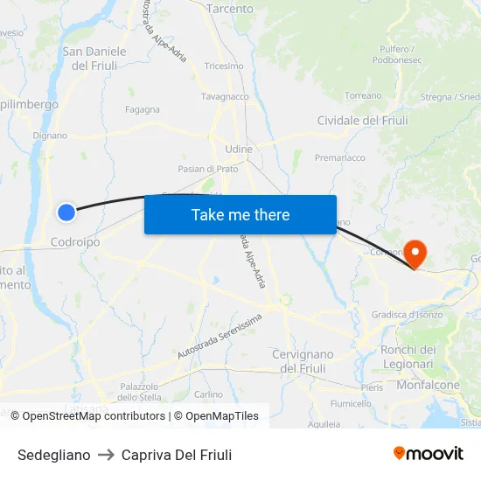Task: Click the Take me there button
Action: (240, 214)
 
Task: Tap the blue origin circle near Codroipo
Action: (66, 212)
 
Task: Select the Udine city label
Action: (238, 150)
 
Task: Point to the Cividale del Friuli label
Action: (362, 121)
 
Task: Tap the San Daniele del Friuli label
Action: (94, 58)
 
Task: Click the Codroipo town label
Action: (75, 241)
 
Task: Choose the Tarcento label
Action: (229, 9)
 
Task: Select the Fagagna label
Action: (143, 109)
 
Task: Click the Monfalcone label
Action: (429, 385)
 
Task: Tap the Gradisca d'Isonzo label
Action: (408, 315)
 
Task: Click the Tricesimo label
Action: (223, 66)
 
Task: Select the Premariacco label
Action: (340, 158)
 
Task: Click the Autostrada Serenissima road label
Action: (219, 336)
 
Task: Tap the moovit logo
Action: (428, 453)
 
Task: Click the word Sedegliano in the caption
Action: (53, 455)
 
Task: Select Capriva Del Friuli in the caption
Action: (177, 455)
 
